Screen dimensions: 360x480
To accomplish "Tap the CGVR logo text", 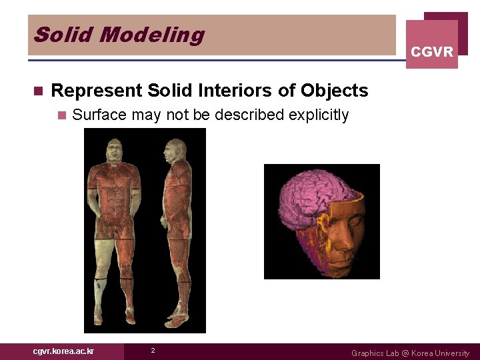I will point(432,52).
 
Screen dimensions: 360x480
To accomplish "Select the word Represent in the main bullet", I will point(96,91).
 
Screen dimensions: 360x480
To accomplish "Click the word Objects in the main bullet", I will point(334,91).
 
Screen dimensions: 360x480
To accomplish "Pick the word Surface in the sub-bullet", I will point(99,115).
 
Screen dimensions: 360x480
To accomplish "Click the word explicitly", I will point(319,115).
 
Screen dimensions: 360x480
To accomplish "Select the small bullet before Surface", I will point(62,115).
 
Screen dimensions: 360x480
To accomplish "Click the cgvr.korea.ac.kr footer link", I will point(64,351).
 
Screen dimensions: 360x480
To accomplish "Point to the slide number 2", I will point(153,351).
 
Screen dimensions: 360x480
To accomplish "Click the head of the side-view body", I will point(178,150).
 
